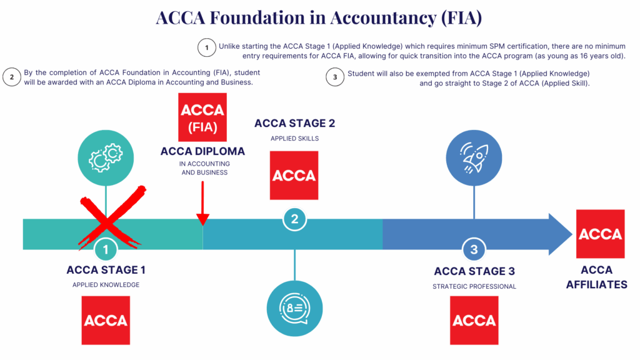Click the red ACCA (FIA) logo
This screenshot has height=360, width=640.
[x=202, y=117]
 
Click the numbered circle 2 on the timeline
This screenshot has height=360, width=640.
[x=294, y=219]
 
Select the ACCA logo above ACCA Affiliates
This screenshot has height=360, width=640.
[x=600, y=234]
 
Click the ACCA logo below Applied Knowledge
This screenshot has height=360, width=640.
[x=106, y=320]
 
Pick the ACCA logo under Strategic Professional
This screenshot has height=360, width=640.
[x=474, y=320]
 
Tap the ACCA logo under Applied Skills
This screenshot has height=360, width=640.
[x=294, y=176]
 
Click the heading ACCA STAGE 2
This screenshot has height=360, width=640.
[x=290, y=123]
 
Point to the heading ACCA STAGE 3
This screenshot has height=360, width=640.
[x=474, y=271]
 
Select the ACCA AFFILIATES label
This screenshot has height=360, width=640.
[x=596, y=277]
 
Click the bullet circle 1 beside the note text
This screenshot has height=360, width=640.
[x=206, y=47]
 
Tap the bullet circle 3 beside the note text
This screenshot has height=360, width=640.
[x=335, y=77]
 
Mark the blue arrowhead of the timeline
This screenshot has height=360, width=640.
[x=559, y=234]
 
